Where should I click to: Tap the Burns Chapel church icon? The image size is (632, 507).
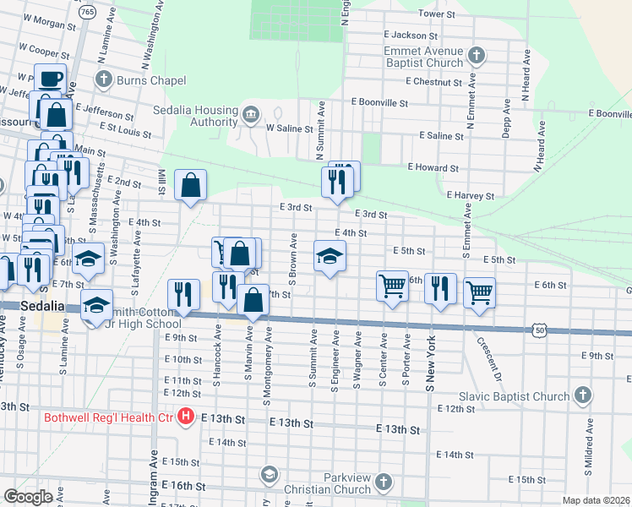point(104,80)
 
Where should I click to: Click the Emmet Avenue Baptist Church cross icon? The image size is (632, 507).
point(477,57)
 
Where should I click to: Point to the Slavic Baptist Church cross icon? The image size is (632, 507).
point(582,395)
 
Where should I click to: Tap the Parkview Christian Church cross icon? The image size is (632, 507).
point(384,482)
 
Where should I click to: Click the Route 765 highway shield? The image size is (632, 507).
point(87,13)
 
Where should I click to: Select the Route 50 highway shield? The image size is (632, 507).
point(539,330)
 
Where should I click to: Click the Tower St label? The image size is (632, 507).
point(437,14)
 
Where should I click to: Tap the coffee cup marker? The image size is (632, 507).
point(50,79)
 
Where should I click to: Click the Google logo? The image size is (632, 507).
point(29,496)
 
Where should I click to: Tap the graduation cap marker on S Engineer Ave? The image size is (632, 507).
point(330,256)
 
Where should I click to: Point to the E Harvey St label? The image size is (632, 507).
point(471,195)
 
